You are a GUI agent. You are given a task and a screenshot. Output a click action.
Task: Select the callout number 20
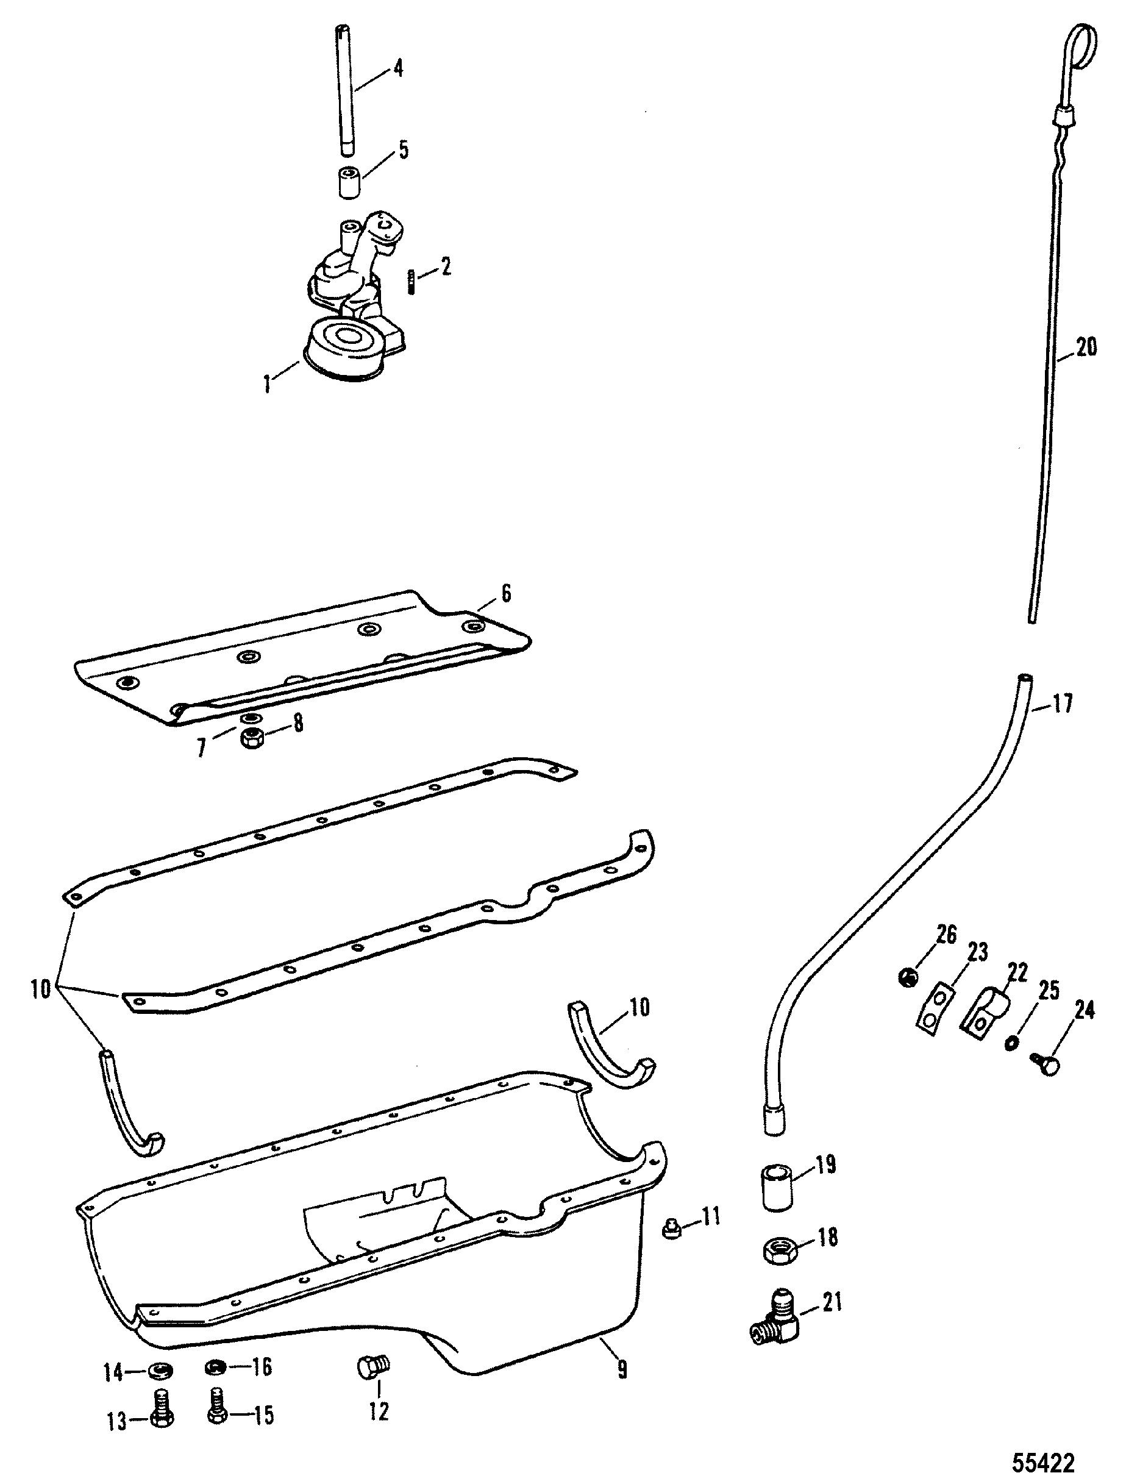(1085, 348)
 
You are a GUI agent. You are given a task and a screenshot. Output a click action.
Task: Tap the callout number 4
(399, 68)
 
